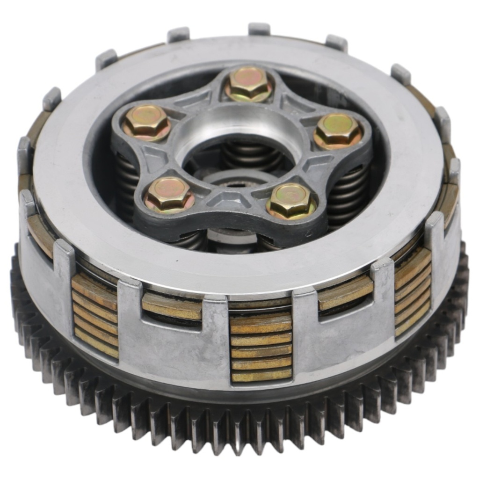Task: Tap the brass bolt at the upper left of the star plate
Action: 146,122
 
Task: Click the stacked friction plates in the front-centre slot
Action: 261,348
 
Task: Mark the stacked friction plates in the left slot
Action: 95,316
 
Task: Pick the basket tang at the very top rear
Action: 259,29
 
